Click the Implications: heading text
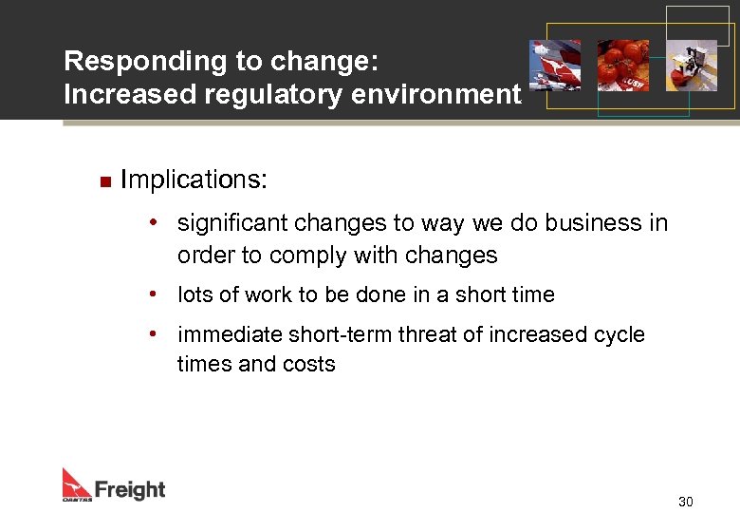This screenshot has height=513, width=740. point(194,180)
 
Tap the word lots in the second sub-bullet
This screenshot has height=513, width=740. point(194,294)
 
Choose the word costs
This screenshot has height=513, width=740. point(308,365)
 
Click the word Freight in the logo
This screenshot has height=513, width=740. point(130,489)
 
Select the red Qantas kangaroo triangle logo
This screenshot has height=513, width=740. point(76,482)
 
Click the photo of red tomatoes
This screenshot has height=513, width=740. point(622,65)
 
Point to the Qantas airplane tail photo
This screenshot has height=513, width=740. point(555,65)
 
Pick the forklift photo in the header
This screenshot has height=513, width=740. point(691,65)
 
